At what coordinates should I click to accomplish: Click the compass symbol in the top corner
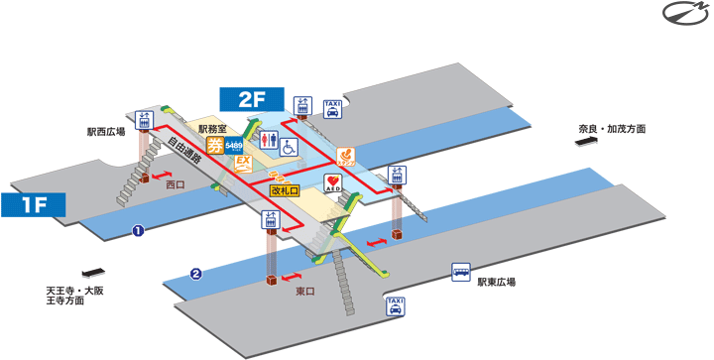click(x=682, y=15)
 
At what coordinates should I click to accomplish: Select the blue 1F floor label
click(x=32, y=205)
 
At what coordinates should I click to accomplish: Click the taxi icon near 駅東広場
click(x=395, y=306)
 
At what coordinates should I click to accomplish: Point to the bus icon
click(x=461, y=271)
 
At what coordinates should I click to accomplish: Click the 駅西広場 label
click(x=105, y=130)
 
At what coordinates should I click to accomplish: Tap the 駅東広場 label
click(x=496, y=282)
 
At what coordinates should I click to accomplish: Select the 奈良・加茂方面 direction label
click(x=613, y=129)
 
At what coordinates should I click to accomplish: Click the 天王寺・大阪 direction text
click(x=74, y=290)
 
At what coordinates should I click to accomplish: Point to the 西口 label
click(x=176, y=184)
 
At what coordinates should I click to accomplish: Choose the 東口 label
click(x=305, y=291)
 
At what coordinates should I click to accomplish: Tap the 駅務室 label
click(x=213, y=129)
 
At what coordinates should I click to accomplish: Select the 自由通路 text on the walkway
click(x=183, y=151)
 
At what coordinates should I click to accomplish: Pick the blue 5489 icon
click(x=235, y=148)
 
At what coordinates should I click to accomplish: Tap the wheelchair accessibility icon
click(x=290, y=147)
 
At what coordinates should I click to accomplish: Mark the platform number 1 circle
click(x=139, y=230)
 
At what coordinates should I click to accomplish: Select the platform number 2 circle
click(x=196, y=274)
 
